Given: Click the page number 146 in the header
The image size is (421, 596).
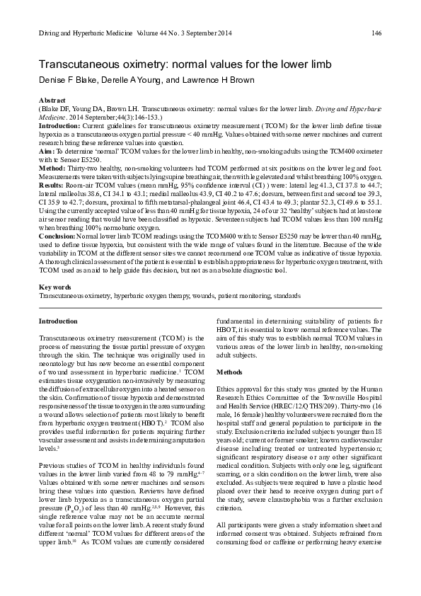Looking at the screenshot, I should [x=376, y=33].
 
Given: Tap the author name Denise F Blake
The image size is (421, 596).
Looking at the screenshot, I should [x=68, y=81].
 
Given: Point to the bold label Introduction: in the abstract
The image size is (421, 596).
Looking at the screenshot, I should [x=59, y=124].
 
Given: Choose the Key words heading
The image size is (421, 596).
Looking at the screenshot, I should [x=54, y=287].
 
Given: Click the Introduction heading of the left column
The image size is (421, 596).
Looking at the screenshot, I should [x=58, y=321].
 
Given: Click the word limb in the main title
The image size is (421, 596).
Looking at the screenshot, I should [x=318, y=64].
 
